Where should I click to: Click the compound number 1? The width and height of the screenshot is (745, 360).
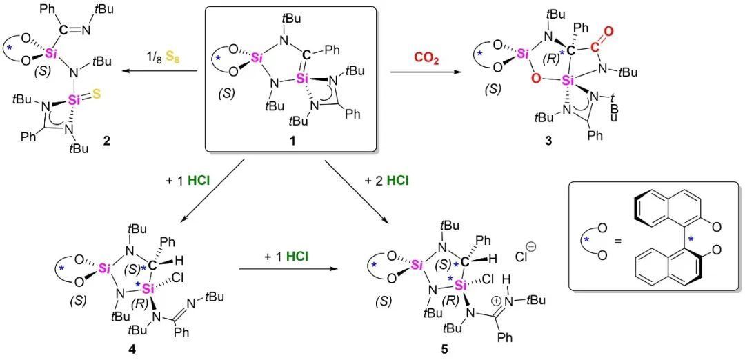(x=290, y=141)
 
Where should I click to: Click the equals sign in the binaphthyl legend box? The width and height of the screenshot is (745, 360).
(x=615, y=241)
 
